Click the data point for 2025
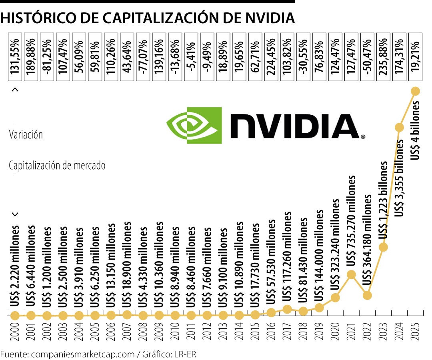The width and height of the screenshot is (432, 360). (x=415, y=91)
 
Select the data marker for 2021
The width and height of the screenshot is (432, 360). (x=351, y=274)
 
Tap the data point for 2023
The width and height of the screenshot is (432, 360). (x=383, y=247)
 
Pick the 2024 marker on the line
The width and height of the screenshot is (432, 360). (x=399, y=127)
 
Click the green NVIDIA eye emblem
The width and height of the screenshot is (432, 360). (x=194, y=125)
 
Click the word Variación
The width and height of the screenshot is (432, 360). (x=26, y=134)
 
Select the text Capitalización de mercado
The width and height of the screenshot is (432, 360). (x=57, y=165)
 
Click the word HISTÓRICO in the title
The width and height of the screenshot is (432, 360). (x=42, y=18)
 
